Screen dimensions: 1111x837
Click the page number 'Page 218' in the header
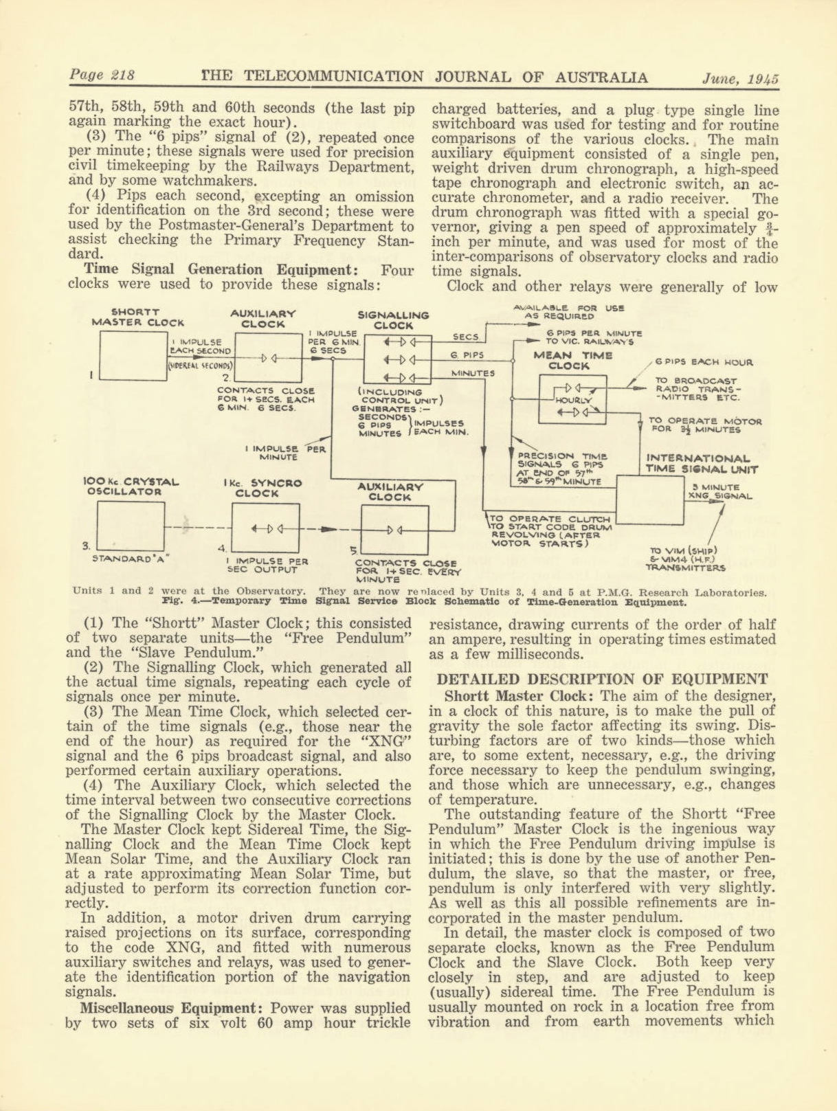pos(102,76)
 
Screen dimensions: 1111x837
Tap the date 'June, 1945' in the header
pos(740,78)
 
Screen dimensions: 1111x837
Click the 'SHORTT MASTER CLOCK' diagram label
pos(137,317)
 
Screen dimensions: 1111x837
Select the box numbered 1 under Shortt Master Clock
pos(133,355)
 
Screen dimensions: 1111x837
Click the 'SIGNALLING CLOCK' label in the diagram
pos(393,320)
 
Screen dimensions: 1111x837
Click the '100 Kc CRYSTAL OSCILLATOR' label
pos(130,486)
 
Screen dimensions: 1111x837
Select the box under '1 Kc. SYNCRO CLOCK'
pos(265,528)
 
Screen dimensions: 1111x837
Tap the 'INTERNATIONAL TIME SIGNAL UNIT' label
pos(701,464)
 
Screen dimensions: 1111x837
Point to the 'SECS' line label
pos(465,337)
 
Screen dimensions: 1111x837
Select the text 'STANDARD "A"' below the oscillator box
pos(131,559)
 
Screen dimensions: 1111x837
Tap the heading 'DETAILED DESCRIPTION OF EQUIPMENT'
pos(602,680)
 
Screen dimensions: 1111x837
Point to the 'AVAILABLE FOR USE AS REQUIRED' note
pos(568,313)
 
